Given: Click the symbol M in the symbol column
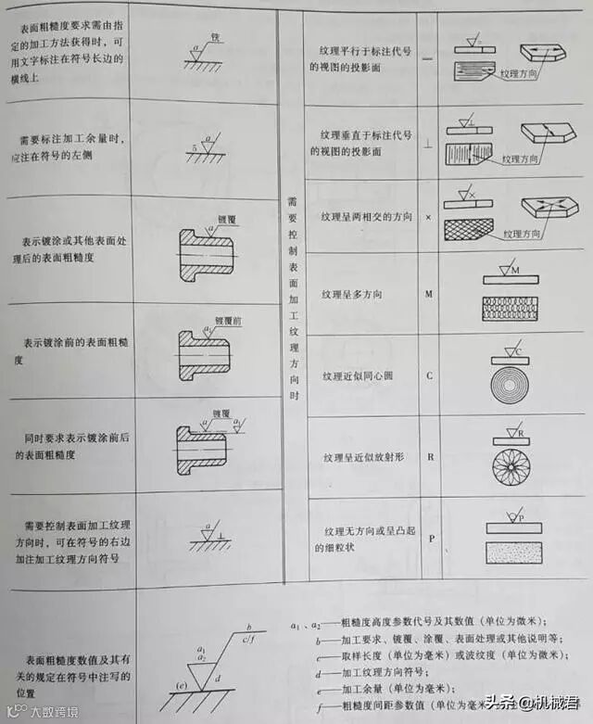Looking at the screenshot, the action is click(x=429, y=294).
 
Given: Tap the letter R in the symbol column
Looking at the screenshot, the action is click(x=429, y=457).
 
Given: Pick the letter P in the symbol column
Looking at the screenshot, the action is click(x=429, y=538).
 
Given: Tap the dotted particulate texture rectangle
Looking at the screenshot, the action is click(x=510, y=553).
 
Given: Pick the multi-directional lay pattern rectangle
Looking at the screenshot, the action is click(x=510, y=309).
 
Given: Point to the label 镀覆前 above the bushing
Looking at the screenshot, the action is click(x=227, y=320).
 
